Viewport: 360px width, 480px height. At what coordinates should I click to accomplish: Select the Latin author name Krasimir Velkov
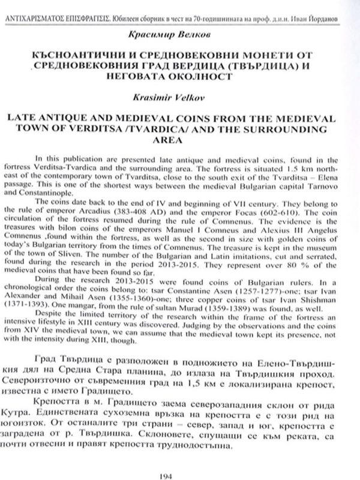(180, 95)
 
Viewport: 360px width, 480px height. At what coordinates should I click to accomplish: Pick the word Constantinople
(66, 194)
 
